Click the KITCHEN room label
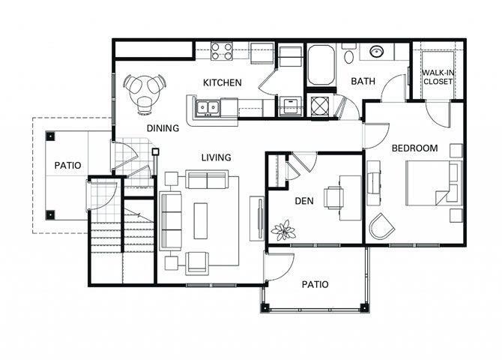[223, 82]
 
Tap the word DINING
[163, 128]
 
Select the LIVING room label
[216, 157]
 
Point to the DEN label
[303, 200]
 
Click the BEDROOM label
[414, 148]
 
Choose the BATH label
[363, 81]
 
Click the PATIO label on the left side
[67, 166]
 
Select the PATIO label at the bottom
[315, 284]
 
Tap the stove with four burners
[221, 51]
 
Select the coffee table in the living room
[200, 220]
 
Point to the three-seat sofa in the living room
[172, 220]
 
